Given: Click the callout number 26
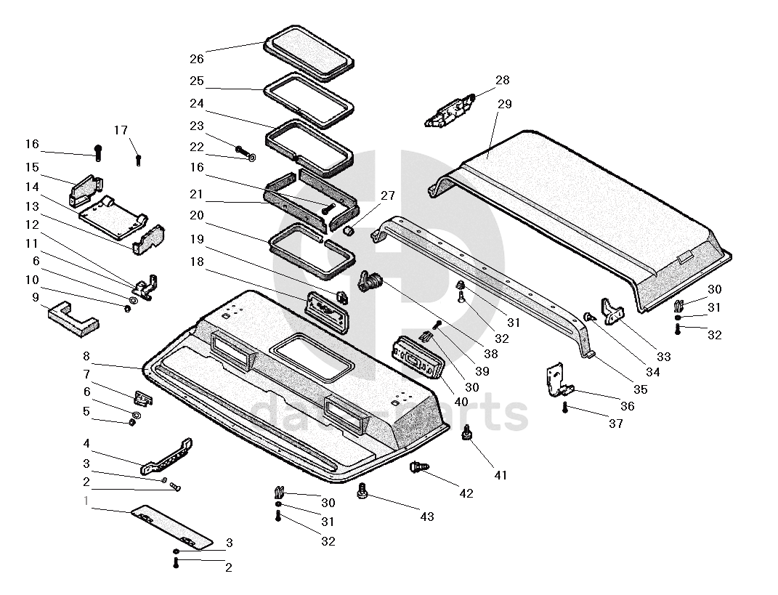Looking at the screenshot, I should tap(197, 58).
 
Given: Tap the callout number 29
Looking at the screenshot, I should tap(504, 104).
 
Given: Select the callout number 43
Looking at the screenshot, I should tap(426, 516).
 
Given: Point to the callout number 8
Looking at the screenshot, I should tap(86, 356).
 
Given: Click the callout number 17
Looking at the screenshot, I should tap(121, 130).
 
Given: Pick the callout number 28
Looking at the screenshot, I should tap(503, 80).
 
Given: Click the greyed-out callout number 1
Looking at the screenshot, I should tap(86, 501).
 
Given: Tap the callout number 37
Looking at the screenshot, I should tap(616, 424).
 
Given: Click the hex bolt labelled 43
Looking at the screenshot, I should tap(362, 493).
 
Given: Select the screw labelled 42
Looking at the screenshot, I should tap(419, 468).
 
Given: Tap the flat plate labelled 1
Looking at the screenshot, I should tap(171, 527).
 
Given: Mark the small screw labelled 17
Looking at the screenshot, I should tap(138, 159).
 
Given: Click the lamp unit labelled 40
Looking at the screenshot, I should tap(418, 358).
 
